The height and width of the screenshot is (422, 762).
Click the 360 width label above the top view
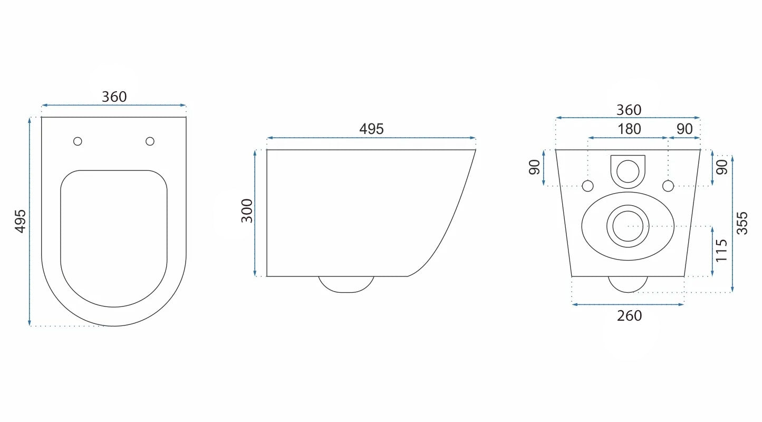click(114, 97)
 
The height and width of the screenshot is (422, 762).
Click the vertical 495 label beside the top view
click(21, 221)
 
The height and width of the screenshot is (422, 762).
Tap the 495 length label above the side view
click(371, 129)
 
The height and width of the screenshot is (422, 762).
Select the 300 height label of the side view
click(247, 210)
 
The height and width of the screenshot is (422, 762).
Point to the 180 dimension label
click(629, 129)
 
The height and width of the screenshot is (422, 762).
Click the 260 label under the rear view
click(629, 316)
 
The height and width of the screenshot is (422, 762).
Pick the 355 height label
click(742, 223)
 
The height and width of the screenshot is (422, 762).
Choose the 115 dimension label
click(721, 251)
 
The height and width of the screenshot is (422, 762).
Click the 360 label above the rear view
click(629, 110)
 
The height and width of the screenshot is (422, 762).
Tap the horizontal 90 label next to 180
click(684, 129)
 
